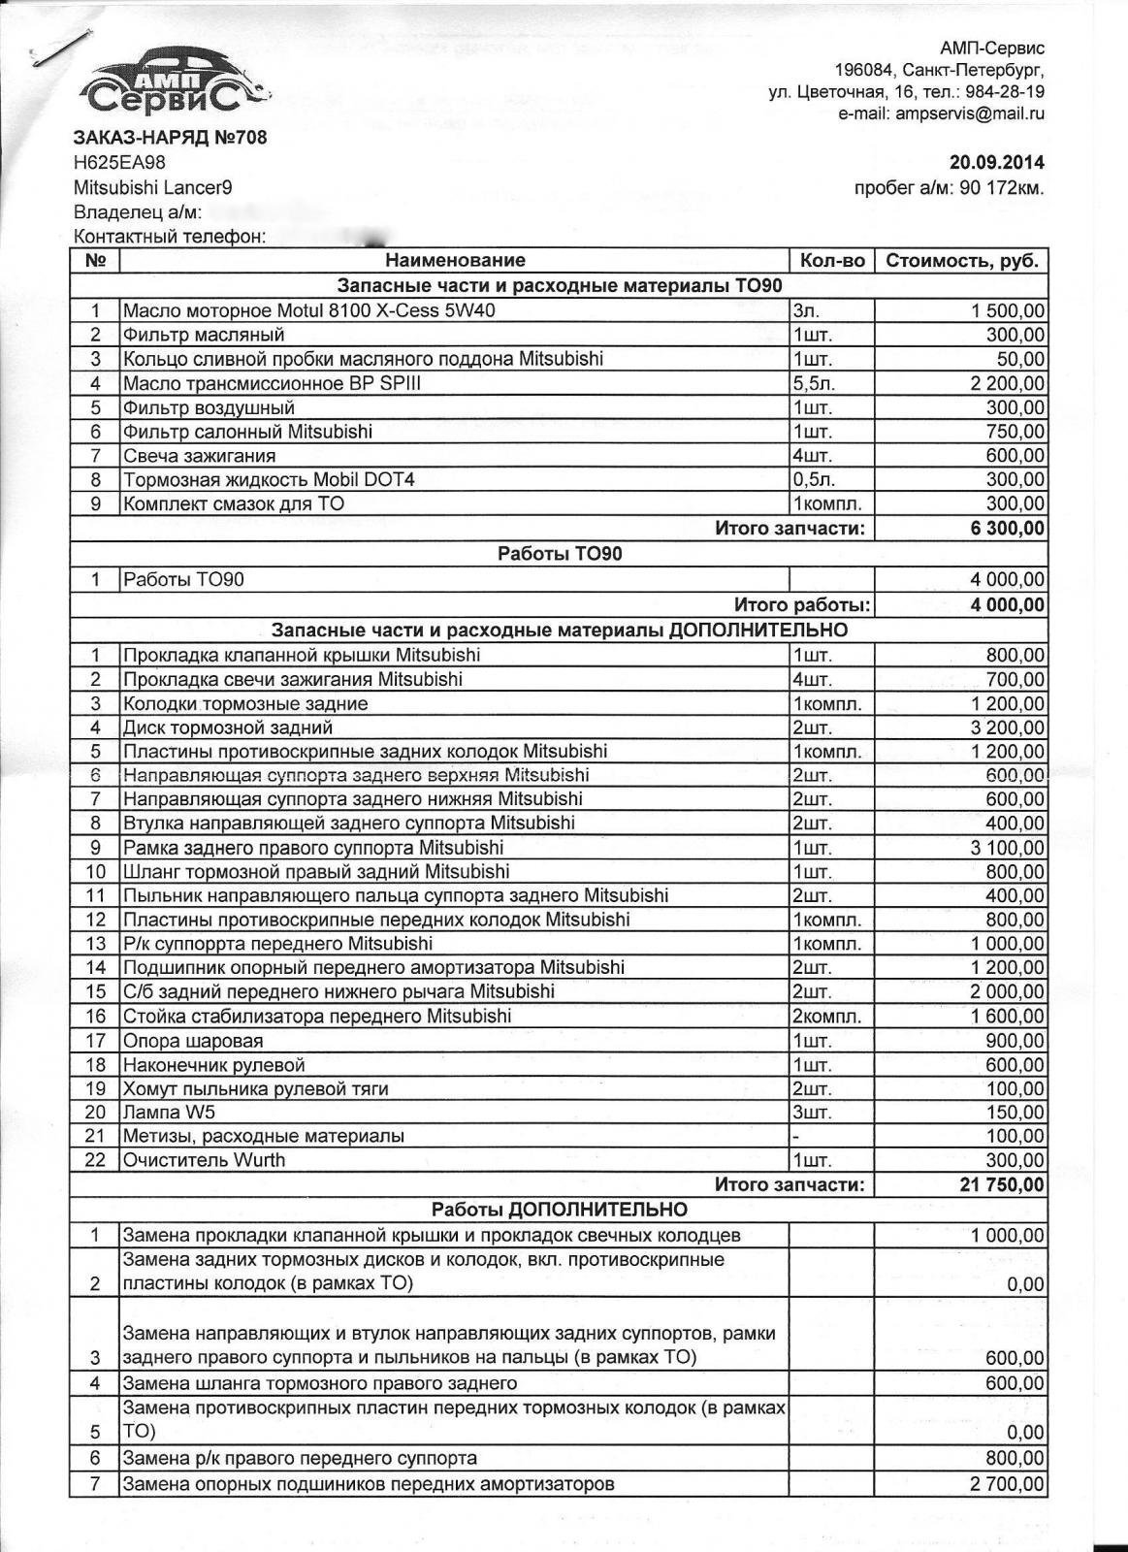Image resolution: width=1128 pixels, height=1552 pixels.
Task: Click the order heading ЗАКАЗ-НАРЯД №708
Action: click(x=170, y=138)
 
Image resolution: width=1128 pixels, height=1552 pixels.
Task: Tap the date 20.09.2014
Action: click(x=995, y=163)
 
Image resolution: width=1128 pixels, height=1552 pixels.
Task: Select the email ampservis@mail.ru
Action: click(x=969, y=113)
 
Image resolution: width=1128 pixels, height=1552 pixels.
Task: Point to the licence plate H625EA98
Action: click(x=119, y=163)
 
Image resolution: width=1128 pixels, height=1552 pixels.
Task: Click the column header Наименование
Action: click(x=455, y=260)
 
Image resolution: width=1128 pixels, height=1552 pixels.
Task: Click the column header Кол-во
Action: click(x=832, y=261)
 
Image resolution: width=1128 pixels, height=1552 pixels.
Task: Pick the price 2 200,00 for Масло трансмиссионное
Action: click(x=1007, y=383)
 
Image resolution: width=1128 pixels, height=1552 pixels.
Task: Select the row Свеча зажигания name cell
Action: click(x=200, y=456)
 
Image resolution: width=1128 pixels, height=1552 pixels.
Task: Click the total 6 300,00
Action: click(x=1008, y=529)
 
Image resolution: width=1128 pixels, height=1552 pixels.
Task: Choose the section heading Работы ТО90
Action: click(x=559, y=554)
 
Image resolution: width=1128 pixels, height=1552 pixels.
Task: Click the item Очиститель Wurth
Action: click(x=204, y=1160)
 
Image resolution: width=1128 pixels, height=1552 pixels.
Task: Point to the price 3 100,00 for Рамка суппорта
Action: click(x=1007, y=847)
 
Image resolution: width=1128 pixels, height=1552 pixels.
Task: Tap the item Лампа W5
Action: click(x=162, y=1112)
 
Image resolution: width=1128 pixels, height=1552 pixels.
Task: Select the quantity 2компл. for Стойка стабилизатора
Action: click(x=826, y=1017)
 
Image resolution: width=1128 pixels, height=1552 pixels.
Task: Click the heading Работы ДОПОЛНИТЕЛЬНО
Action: click(x=559, y=1210)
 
